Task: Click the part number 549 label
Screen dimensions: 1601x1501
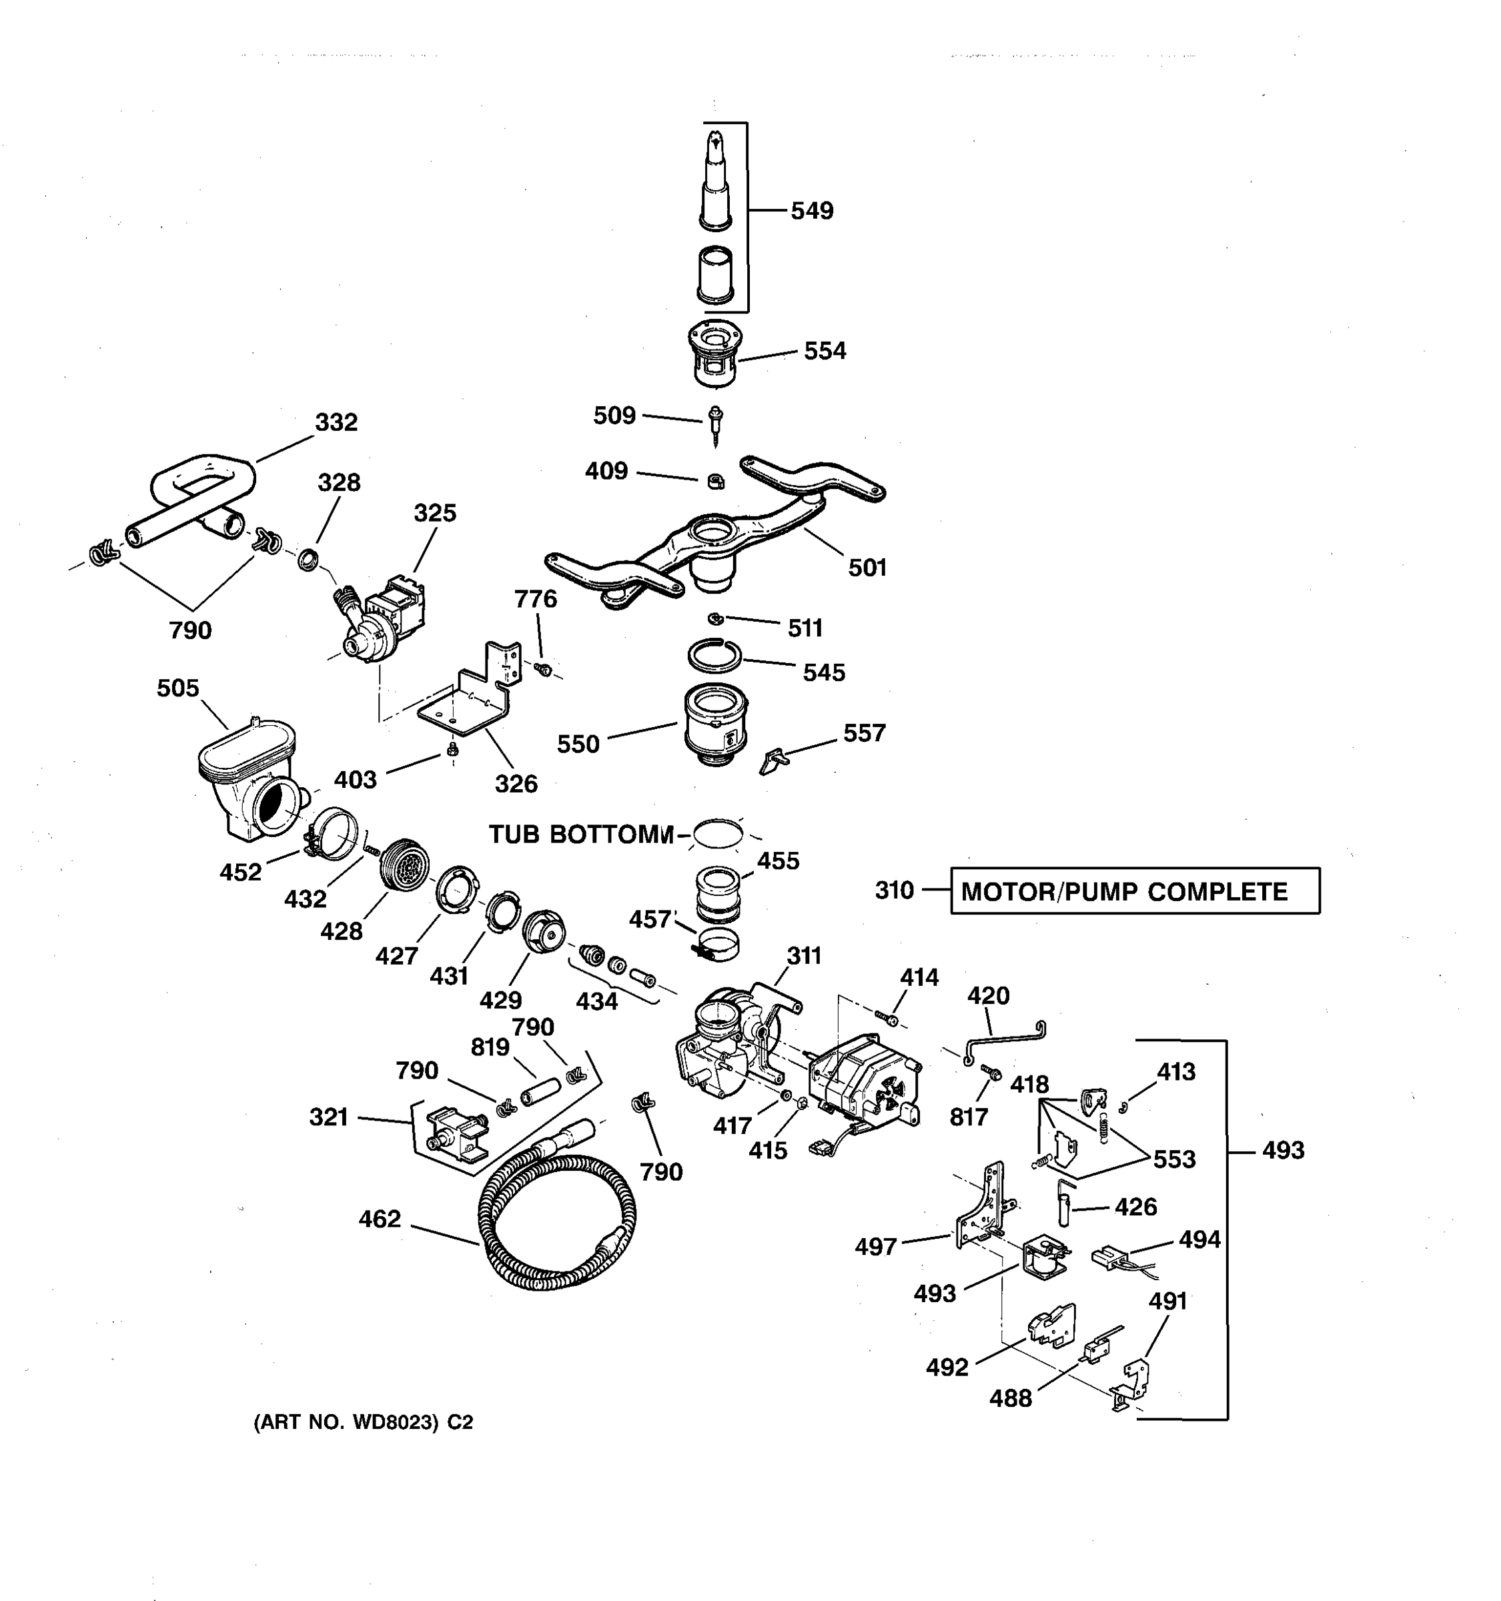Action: coord(811,211)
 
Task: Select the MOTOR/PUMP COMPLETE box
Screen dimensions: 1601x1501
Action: coord(1134,891)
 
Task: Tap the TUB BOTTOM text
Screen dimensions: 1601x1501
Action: coord(580,835)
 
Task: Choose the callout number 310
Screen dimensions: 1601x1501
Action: coord(894,891)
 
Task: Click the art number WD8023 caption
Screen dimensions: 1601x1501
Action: coord(363,1423)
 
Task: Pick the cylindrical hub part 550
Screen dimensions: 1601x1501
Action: coord(715,722)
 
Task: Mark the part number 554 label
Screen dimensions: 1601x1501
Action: coord(825,351)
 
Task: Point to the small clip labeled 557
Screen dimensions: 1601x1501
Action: coord(774,759)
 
